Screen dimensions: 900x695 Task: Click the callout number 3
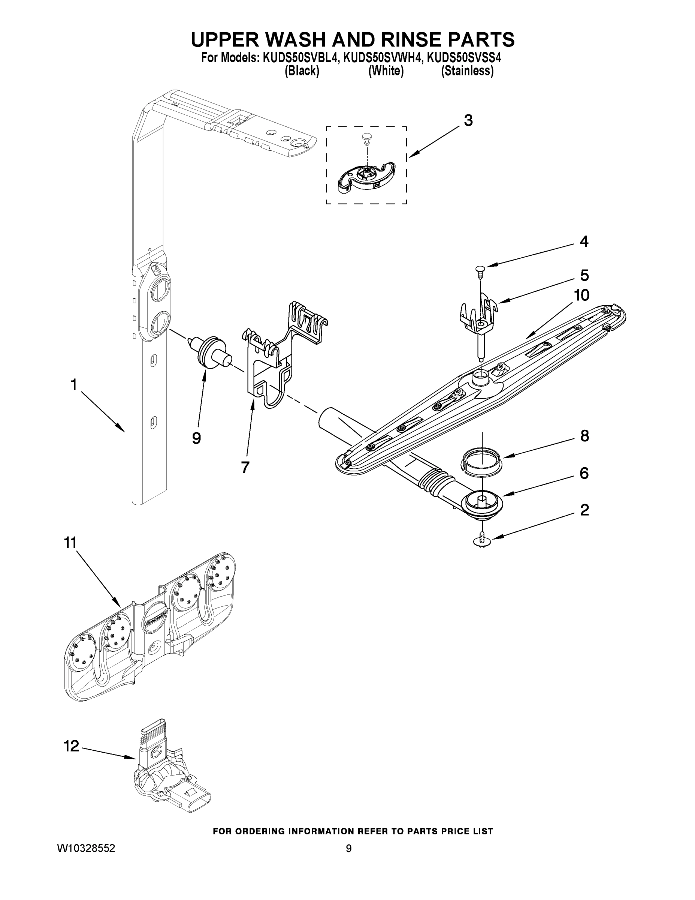[x=468, y=121]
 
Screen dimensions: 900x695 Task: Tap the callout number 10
[x=582, y=295]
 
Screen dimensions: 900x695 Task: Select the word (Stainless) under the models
[x=467, y=71]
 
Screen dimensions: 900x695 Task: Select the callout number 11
[x=70, y=543]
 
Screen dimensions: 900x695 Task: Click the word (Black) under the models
[x=302, y=71]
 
